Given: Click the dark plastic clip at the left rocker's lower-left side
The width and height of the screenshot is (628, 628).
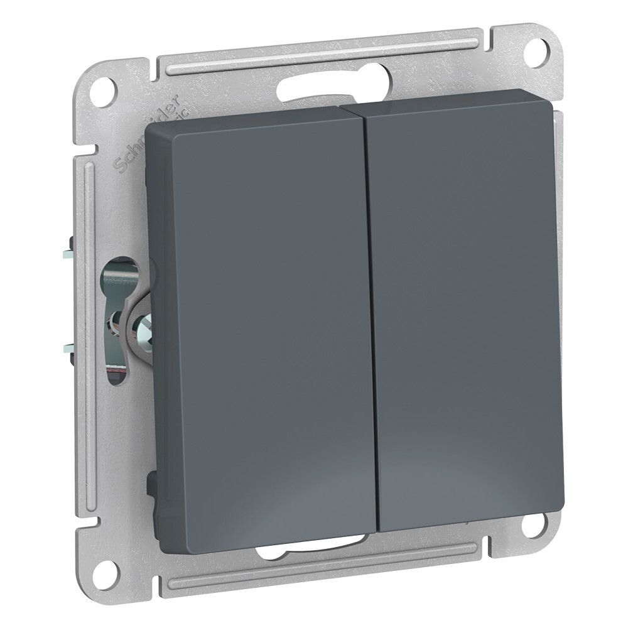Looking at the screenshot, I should pyautogui.click(x=150, y=487).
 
